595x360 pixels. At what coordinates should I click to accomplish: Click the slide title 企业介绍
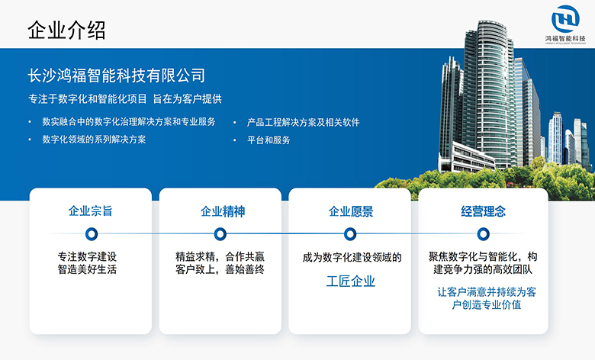(x=66, y=30)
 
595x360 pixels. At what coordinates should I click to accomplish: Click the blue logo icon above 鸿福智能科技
(x=565, y=18)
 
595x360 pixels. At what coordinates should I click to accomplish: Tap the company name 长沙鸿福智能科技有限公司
(x=116, y=76)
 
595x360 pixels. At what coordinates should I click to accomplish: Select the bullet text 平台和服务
(x=269, y=140)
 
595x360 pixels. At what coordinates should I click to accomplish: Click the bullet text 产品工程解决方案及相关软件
(x=303, y=122)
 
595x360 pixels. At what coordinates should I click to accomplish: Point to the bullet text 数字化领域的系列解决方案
(x=94, y=140)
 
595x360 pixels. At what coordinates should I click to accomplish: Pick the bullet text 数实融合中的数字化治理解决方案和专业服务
(x=128, y=122)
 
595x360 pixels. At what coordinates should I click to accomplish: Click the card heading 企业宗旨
(x=91, y=211)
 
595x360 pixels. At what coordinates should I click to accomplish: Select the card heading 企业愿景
(x=351, y=211)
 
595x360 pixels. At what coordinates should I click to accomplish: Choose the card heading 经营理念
(x=484, y=211)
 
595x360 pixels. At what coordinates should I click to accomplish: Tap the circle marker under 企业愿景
(x=351, y=233)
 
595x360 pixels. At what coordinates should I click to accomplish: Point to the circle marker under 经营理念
(x=483, y=233)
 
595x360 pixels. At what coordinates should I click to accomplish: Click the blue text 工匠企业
(x=351, y=281)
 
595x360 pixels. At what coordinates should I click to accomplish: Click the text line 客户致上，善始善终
(x=220, y=269)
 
